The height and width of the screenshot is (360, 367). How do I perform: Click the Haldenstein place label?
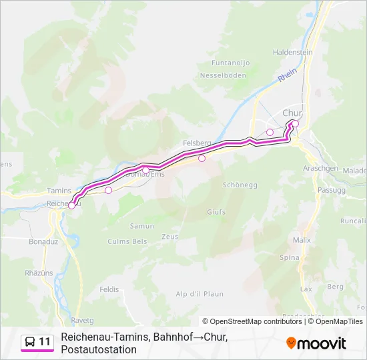pos(293,52)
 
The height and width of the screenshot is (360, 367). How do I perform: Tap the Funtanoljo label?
pos(230,63)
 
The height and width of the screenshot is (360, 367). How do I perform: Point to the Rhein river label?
pos(287,77)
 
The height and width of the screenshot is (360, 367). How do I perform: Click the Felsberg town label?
pos(197,143)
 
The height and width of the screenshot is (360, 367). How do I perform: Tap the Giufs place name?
pos(216,212)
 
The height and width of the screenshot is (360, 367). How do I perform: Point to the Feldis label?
pos(109,289)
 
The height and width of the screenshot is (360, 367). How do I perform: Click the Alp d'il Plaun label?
pos(200,293)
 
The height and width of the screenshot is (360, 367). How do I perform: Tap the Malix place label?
pos(302,239)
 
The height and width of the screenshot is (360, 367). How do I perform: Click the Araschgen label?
pos(320,169)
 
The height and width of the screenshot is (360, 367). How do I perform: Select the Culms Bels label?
pos(127,241)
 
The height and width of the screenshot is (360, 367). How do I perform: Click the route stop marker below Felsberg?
pos(202,159)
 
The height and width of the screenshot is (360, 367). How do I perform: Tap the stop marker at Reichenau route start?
pos(71,205)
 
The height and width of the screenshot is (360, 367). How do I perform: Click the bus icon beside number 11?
pos(30,342)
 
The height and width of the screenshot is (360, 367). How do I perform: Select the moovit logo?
pos(316,343)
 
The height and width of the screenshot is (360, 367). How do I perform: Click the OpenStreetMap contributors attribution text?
pos(252,321)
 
